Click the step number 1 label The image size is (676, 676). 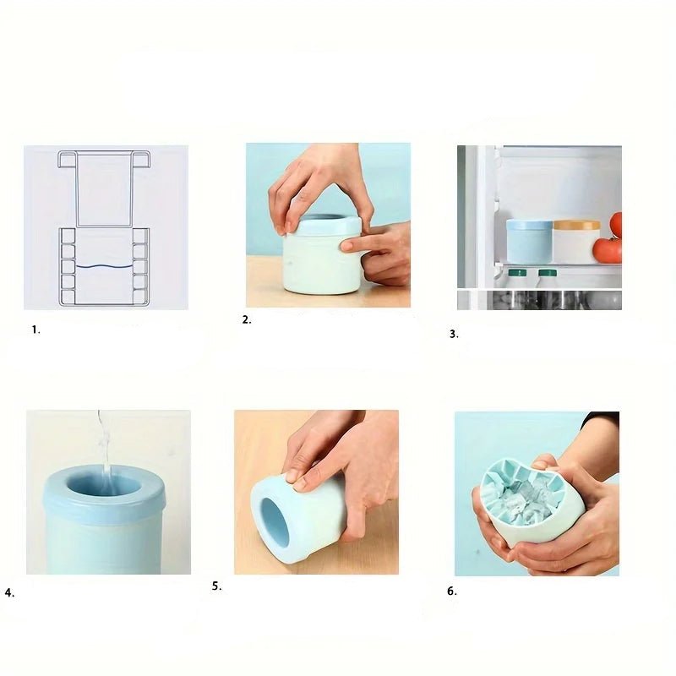35,330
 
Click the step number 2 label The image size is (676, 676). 247,320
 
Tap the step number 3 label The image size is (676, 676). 454,334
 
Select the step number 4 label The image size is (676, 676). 9,593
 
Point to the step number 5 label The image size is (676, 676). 217,586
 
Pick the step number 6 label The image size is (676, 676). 452,591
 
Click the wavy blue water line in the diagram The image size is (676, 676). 104,267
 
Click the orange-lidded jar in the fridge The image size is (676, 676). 576,242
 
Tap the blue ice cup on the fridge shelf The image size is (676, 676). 529,241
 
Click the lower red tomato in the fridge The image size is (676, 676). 607,250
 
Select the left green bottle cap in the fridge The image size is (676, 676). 517,272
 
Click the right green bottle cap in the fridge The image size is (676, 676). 547,272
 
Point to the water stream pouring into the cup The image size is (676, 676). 103,449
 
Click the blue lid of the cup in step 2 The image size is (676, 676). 329,226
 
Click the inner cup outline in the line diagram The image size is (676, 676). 103,188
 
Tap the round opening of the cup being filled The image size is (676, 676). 103,488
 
